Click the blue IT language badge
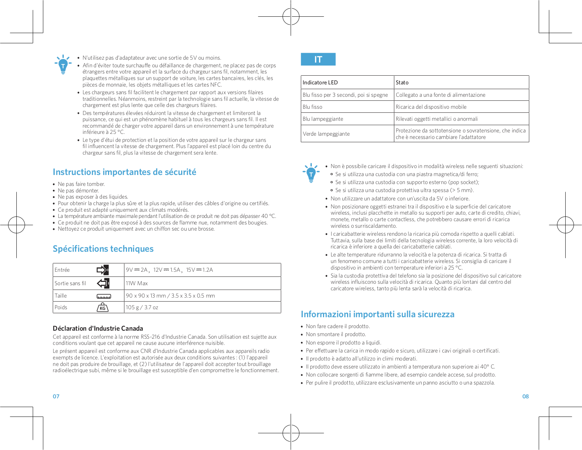[318, 59]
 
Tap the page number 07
[56, 397]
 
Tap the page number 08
[525, 397]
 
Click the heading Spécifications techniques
[103, 249]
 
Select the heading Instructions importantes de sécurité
[124, 172]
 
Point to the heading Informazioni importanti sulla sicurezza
[377, 314]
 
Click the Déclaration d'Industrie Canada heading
[98, 328]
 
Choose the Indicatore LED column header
[320, 83]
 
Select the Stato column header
[402, 83]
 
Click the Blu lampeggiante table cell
[323, 119]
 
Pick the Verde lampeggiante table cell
[326, 134]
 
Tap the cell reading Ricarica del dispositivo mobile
[431, 107]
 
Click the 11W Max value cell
[137, 283]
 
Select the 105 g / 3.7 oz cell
[142, 307]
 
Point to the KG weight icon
[103, 307]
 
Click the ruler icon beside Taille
[104, 296]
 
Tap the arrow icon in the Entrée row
[103, 270]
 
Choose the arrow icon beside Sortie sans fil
[103, 283]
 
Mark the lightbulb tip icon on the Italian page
[311, 173]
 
